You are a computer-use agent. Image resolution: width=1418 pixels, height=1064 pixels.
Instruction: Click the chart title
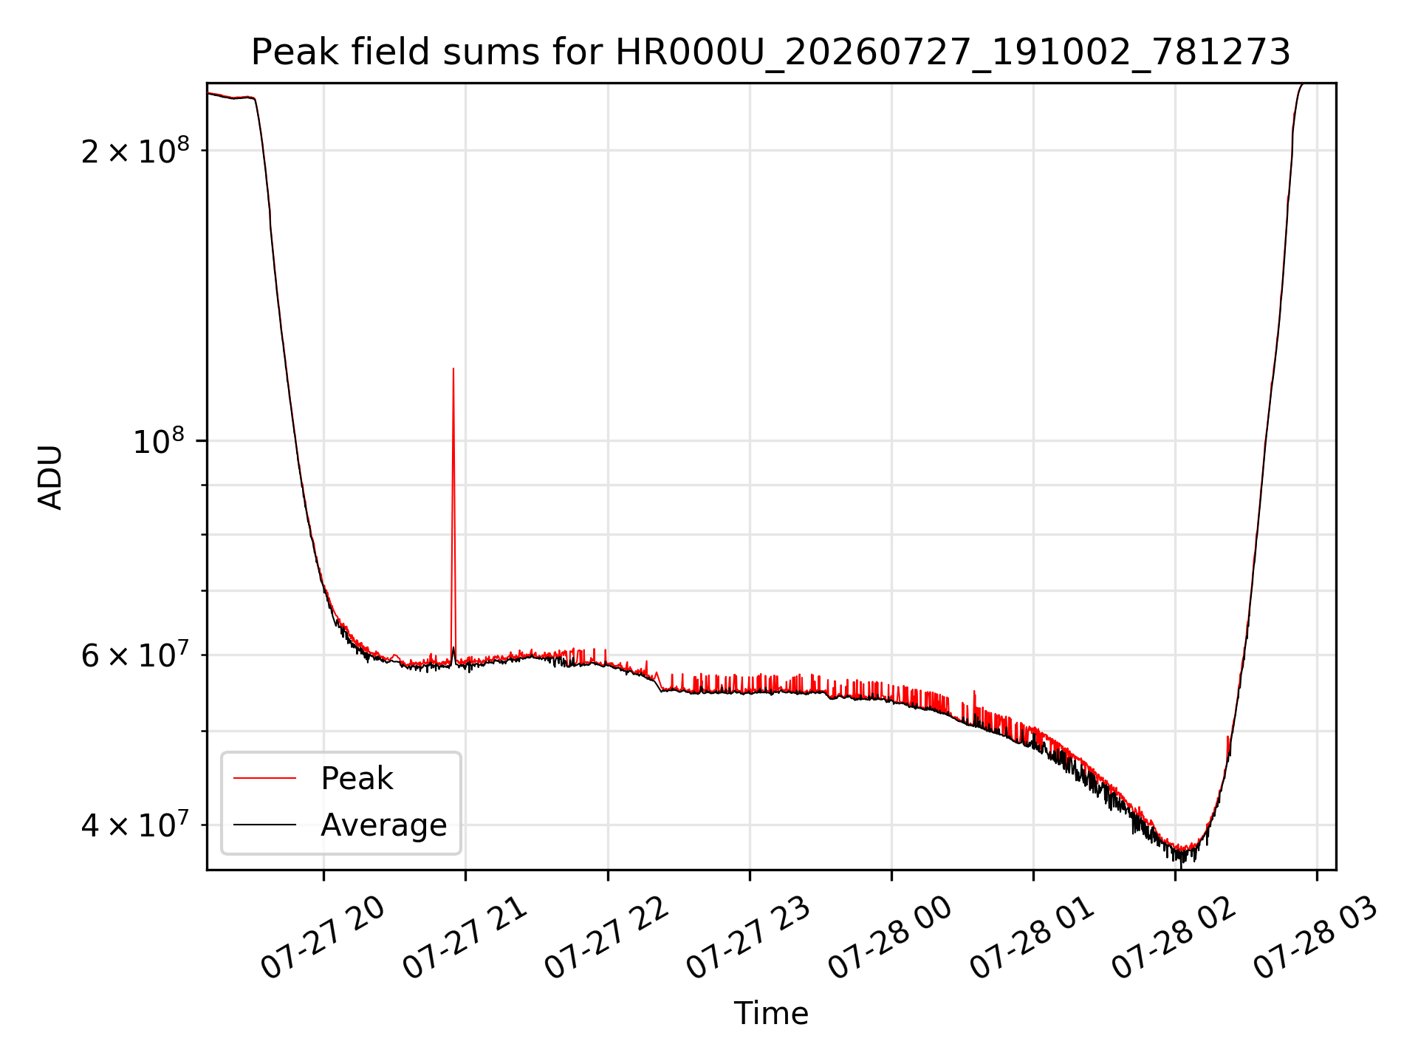coord(771,53)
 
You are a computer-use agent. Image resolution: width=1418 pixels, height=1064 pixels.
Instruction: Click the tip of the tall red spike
coord(453,368)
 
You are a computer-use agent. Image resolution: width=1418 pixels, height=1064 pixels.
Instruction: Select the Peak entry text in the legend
coord(357,779)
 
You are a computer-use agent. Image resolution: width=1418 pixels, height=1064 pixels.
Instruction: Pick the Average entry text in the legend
coord(384,825)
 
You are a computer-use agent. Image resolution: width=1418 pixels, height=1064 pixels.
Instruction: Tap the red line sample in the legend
coord(264,779)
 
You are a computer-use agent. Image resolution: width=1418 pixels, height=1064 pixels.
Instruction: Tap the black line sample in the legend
coord(264,825)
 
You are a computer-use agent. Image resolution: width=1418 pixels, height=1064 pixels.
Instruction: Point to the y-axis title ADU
coord(50,477)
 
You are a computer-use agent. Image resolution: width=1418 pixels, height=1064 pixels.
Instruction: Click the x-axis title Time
coord(771,1013)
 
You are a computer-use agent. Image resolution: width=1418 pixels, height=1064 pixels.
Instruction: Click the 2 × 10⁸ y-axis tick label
coord(135,151)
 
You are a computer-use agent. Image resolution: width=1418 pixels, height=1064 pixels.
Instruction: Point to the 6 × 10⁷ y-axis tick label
coord(135,655)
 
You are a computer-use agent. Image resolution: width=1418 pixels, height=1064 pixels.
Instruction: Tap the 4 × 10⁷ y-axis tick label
coord(135,825)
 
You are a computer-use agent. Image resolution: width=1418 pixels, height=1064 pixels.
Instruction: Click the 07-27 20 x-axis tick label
coord(323,938)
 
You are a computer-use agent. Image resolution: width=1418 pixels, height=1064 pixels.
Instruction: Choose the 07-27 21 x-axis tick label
coord(465,938)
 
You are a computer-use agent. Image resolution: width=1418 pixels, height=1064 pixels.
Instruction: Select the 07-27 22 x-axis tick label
coord(608,938)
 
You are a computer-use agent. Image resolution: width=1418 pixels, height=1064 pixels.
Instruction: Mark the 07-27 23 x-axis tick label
coord(750,938)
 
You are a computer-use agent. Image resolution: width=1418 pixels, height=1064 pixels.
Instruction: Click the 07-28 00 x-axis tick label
coord(891,938)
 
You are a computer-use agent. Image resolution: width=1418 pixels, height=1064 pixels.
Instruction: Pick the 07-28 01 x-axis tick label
coord(1033,938)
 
